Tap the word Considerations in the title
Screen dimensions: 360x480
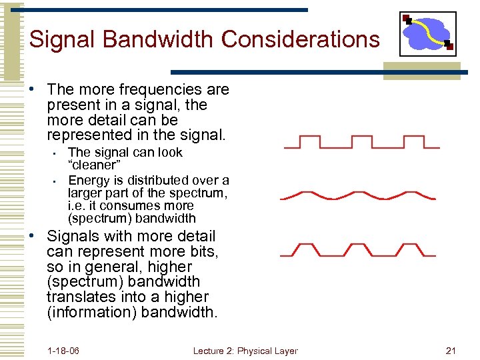tap(301, 39)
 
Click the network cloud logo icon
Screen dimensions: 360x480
tap(427, 34)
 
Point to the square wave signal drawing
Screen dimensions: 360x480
tap(360, 142)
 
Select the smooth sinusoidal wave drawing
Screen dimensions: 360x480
tap(358, 196)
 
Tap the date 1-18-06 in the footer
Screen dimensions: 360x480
tap(63, 351)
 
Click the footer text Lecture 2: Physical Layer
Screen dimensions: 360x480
tap(245, 351)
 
